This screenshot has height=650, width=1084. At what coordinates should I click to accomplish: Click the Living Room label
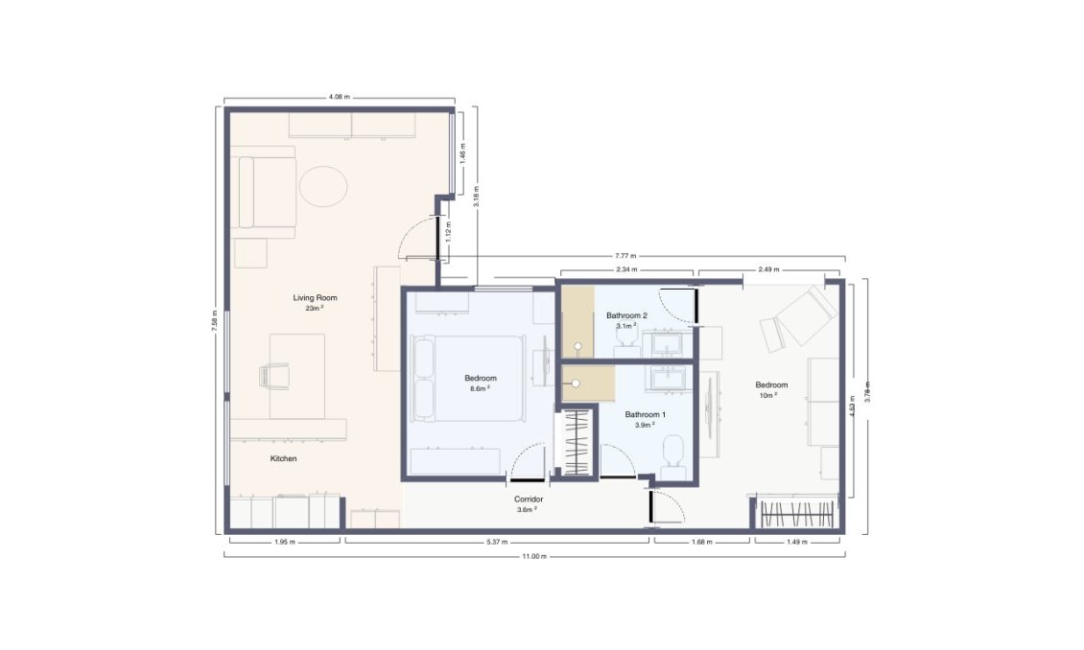click(315, 298)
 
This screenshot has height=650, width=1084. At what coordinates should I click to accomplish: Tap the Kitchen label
click(283, 459)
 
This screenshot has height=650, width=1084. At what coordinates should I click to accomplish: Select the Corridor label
click(529, 499)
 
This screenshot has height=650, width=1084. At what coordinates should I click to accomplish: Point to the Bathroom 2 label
click(626, 314)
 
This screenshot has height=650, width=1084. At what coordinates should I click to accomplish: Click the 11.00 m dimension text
click(533, 557)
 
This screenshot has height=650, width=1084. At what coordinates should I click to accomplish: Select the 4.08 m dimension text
click(340, 97)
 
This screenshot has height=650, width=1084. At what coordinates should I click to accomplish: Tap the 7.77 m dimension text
click(624, 256)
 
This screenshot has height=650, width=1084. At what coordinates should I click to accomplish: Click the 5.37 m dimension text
click(496, 543)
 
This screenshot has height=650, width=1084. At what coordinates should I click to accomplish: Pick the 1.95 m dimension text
click(285, 543)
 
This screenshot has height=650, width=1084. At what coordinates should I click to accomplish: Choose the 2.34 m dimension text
click(627, 270)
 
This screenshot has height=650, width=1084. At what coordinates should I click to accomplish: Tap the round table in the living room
click(321, 186)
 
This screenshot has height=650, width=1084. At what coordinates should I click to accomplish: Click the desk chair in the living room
click(273, 375)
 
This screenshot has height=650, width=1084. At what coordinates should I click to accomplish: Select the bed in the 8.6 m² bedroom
click(470, 378)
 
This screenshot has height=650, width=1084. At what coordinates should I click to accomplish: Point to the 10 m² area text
click(767, 395)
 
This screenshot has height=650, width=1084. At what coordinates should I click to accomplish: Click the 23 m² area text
click(315, 309)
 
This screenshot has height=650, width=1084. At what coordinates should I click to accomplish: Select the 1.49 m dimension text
click(798, 543)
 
